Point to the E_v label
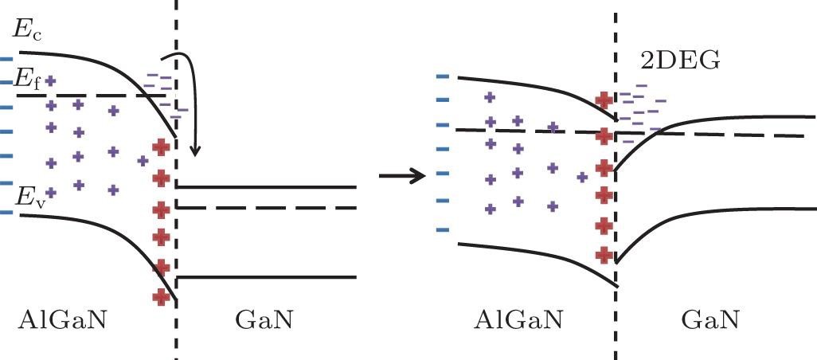click(25, 196)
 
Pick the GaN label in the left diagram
click(264, 320)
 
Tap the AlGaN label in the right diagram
click(518, 320)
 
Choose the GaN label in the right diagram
click(710, 320)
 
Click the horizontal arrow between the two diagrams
click(403, 175)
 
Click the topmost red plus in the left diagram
click(162, 147)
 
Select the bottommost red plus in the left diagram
click(162, 296)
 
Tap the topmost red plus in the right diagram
click(604, 100)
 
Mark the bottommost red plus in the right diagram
click(604, 255)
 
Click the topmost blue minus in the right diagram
click(444, 76)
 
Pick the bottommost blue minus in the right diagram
click(444, 230)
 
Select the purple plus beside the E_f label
click(51, 80)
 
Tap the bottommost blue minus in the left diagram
click(7, 212)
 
